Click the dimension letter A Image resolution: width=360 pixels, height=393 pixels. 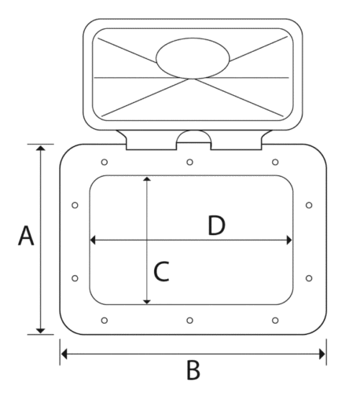coord(26,236)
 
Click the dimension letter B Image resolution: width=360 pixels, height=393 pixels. coord(193,370)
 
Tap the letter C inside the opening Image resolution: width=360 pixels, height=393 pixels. coord(161,271)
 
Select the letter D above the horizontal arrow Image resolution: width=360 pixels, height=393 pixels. coord(216,226)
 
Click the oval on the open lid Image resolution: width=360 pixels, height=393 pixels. coord(193,58)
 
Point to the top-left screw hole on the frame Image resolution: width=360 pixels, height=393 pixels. coord(105,162)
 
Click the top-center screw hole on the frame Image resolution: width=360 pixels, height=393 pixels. coord(190,162)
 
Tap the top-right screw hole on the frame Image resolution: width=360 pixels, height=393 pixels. coord(275,162)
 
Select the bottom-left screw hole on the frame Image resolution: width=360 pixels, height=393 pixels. coord(105,320)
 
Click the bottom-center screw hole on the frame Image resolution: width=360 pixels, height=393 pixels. coord(190,320)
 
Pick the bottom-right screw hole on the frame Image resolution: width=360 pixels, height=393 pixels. coord(275,320)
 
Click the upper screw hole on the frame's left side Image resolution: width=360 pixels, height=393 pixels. coord(75,205)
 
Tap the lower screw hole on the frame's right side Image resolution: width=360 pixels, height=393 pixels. coord(309,278)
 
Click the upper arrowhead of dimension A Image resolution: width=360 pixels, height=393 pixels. coord(40,148)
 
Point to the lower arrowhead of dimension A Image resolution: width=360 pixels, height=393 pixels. coord(40,331)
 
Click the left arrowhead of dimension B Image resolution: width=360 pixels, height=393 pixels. coord(64,354)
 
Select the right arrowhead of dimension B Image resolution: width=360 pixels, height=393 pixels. coord(322,354)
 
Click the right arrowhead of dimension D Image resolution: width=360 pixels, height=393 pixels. coord(289,240)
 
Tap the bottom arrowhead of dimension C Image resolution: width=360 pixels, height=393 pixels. coord(147,302)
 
